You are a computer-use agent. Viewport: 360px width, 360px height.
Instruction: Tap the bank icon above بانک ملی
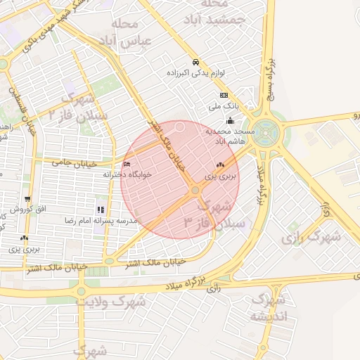224,96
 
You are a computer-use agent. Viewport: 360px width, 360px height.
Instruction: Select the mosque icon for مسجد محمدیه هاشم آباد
231,120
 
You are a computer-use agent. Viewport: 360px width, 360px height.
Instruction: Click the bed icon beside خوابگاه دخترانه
127,165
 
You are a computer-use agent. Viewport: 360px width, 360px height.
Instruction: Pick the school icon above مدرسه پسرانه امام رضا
101,210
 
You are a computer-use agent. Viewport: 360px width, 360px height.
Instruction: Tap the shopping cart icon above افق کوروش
27,200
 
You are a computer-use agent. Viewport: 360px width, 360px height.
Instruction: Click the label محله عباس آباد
127,32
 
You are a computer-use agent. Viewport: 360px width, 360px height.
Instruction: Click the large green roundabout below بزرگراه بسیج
266,131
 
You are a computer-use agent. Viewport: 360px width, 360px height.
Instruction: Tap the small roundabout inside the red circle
195,190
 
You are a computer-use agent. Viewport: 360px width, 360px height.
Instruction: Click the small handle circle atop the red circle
180,127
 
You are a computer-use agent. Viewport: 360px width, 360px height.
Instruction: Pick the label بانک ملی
224,107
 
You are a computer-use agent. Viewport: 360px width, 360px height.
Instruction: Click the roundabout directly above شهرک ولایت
82,290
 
